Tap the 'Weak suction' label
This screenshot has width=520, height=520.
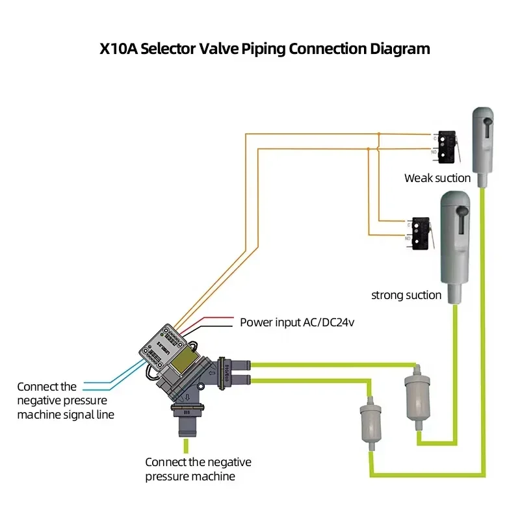point(437,178)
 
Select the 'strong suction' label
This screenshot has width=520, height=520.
point(406,295)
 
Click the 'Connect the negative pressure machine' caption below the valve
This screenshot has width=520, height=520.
point(198,469)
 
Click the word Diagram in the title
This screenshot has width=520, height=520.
point(397,49)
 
